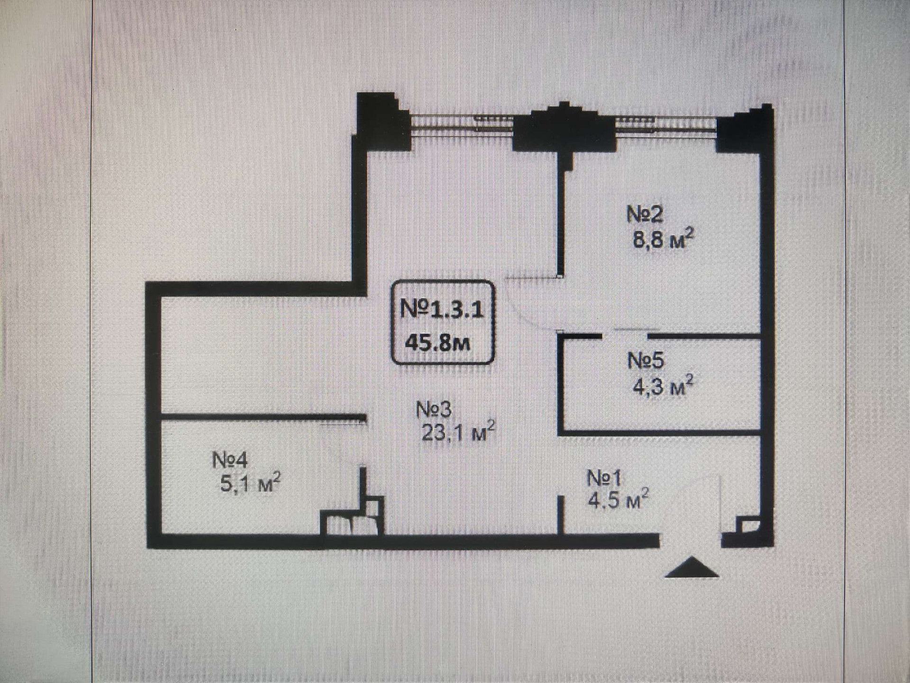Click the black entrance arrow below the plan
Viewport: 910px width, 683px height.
point(692,568)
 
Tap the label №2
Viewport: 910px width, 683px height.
point(645,215)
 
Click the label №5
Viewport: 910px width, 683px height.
point(646,361)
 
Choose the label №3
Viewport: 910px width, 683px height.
point(434,410)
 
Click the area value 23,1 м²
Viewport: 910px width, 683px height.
point(458,432)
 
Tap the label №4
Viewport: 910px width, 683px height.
point(230,460)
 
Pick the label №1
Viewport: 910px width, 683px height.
point(604,479)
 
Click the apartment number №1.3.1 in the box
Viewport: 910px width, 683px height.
point(442,310)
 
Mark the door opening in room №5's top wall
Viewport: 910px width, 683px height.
point(625,336)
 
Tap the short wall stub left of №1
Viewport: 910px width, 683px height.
point(560,515)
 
